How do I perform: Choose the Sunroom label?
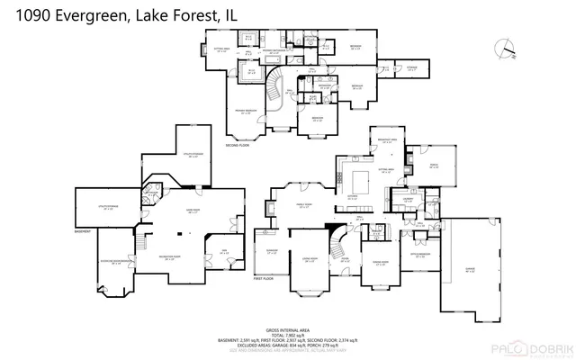[272, 251]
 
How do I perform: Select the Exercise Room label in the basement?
[116, 263]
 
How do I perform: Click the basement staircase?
[141, 243]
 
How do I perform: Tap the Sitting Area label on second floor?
[220, 50]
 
